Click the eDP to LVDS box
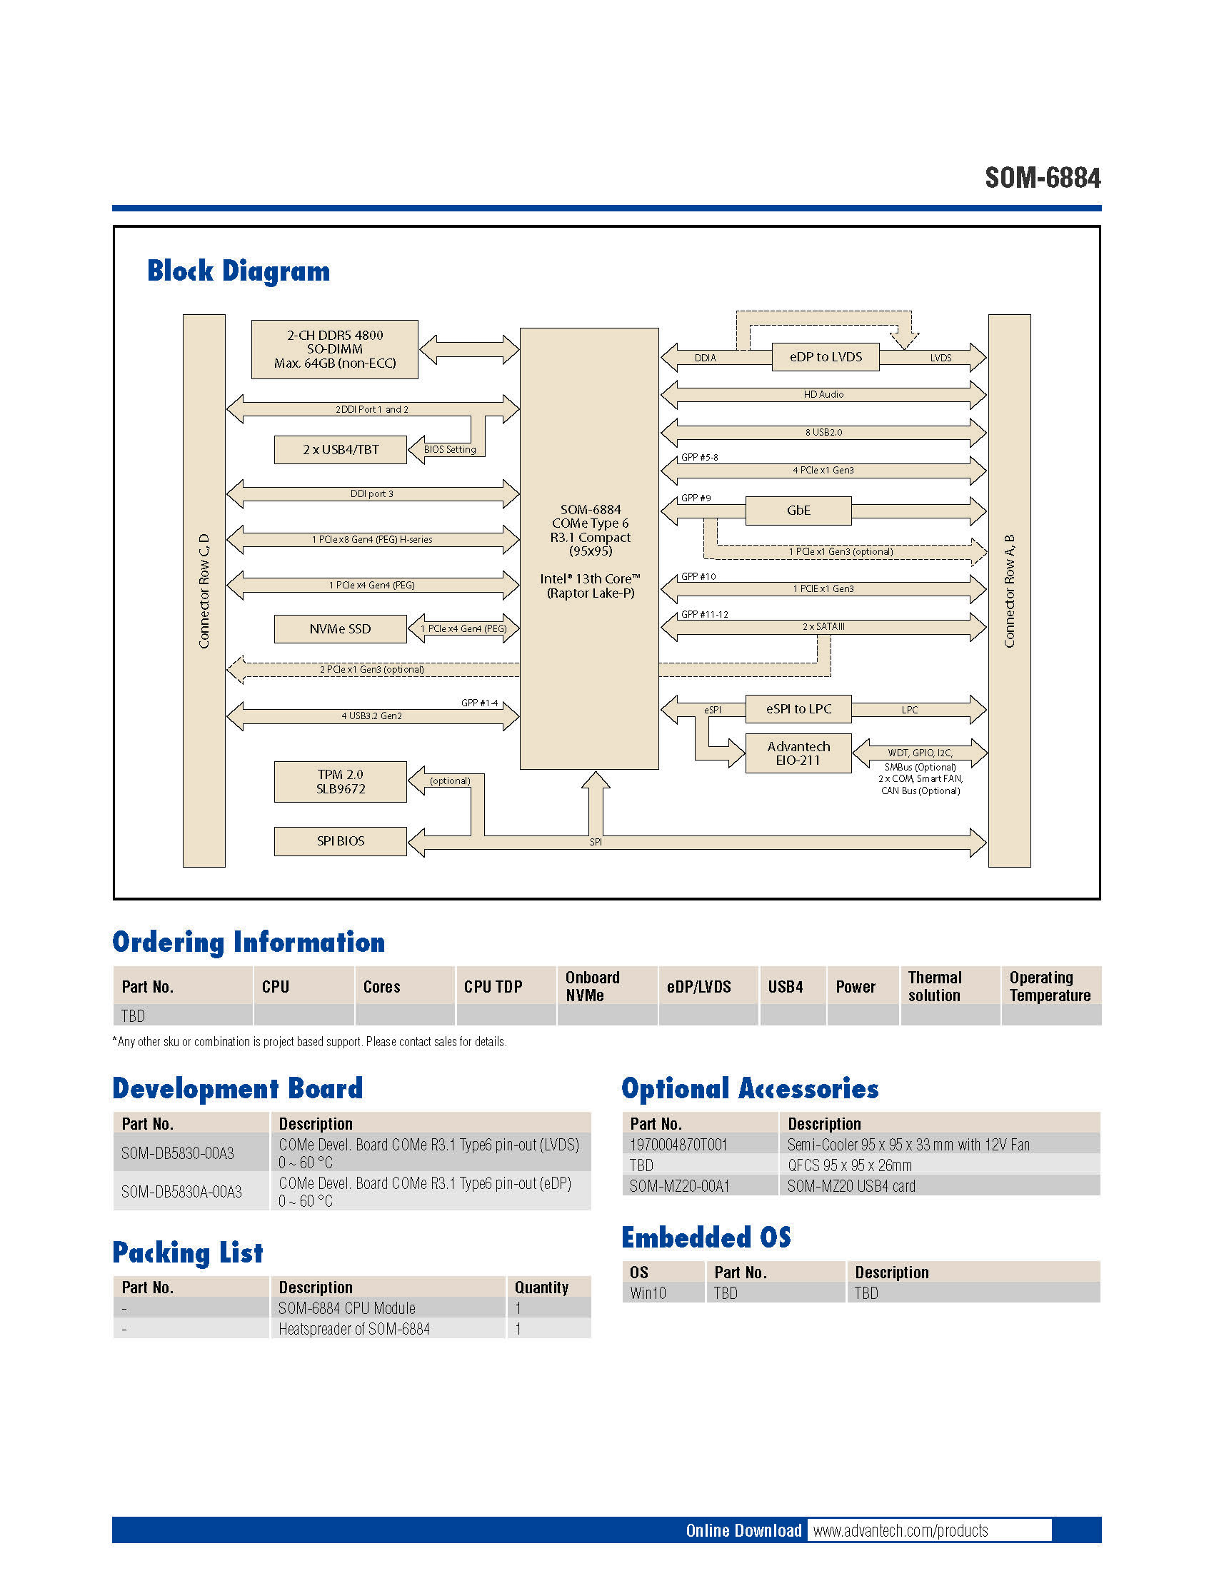(825, 357)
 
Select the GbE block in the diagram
(798, 510)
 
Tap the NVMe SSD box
(340, 628)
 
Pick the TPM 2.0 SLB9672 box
(340, 781)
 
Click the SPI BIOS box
(340, 841)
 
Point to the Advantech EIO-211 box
(798, 753)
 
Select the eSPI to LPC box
(798, 708)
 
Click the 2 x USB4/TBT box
(340, 450)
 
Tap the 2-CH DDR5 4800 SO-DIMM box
(334, 349)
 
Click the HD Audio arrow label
(823, 394)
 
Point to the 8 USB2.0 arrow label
(823, 432)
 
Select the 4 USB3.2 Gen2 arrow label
(371, 716)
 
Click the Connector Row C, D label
(204, 591)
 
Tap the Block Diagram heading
(238, 271)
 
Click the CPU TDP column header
(493, 986)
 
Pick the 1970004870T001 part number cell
(678, 1145)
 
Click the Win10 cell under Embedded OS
(648, 1293)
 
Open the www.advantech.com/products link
(901, 1530)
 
